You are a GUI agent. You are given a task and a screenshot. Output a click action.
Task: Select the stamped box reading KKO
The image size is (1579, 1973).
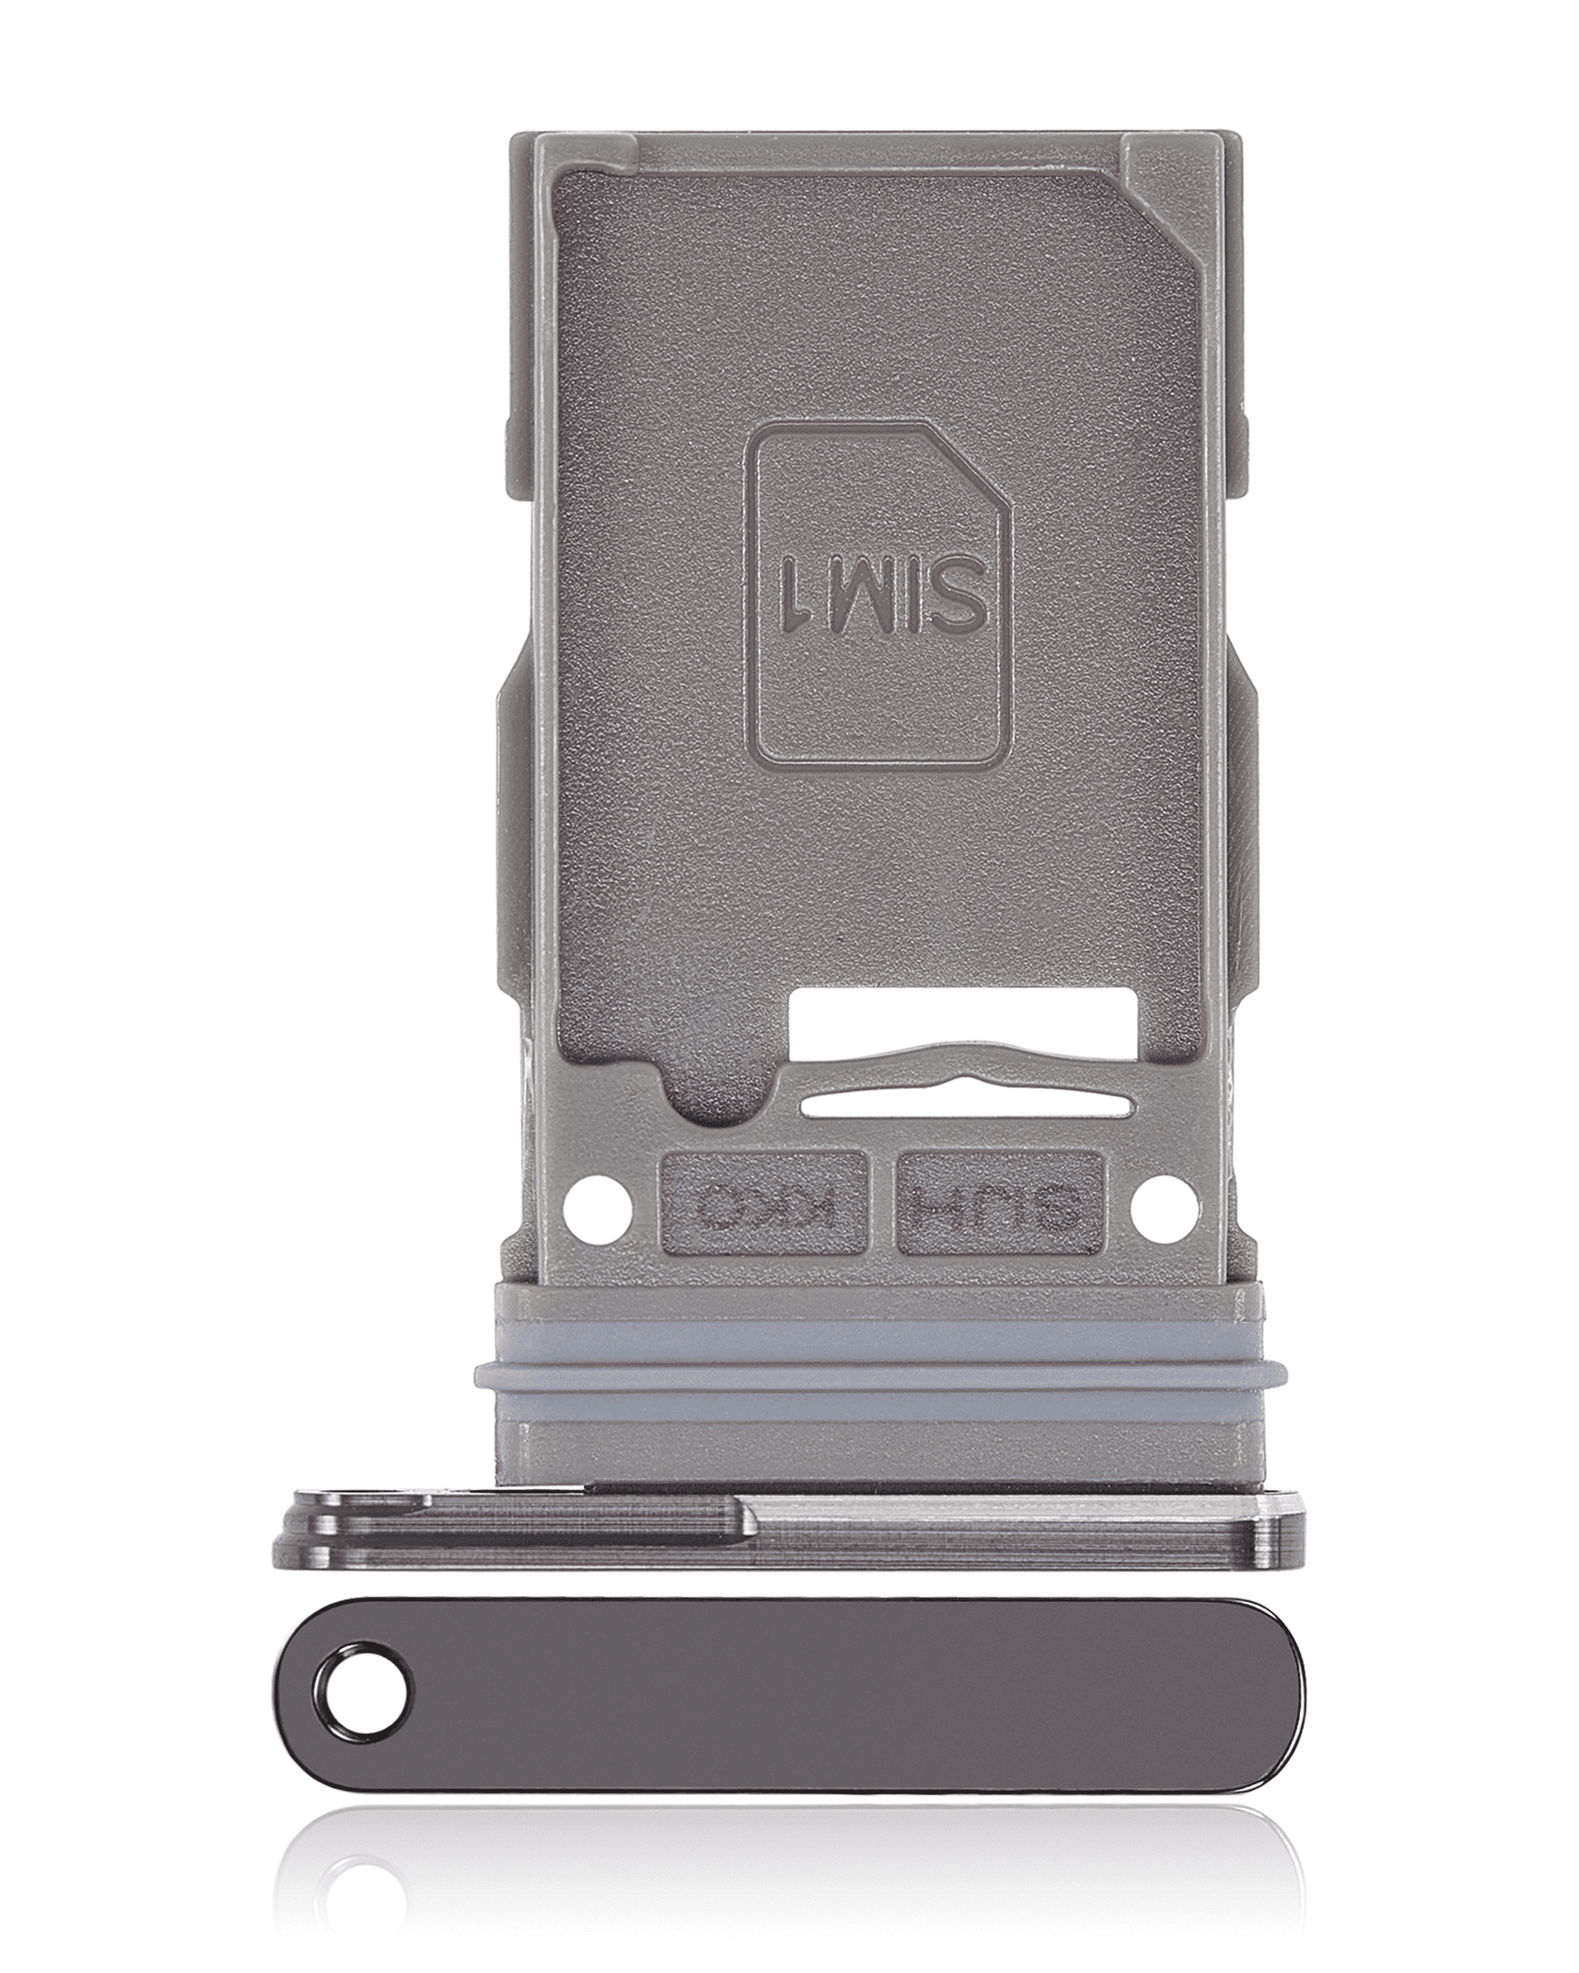[763, 1202]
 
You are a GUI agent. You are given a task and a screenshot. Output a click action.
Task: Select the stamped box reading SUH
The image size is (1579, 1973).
[999, 1202]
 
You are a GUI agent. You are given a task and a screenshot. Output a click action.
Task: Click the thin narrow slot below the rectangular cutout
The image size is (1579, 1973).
[966, 1108]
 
